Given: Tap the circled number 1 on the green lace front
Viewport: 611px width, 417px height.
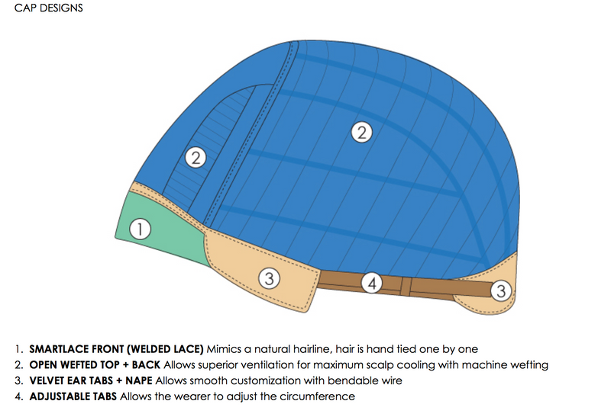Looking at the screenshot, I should click(138, 228).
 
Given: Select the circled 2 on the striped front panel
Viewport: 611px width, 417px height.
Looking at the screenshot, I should click(196, 159).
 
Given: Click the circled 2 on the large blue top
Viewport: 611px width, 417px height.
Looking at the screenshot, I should click(361, 132).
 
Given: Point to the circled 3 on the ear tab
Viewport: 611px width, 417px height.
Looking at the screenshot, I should click(268, 278).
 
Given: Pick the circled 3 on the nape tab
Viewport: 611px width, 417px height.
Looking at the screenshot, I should click(500, 290).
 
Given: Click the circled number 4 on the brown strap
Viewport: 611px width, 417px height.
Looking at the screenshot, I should click(372, 284).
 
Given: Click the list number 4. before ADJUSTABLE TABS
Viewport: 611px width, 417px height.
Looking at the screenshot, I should click(18, 396).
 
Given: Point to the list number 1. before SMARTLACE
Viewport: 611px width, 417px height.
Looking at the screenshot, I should click(18, 349).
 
